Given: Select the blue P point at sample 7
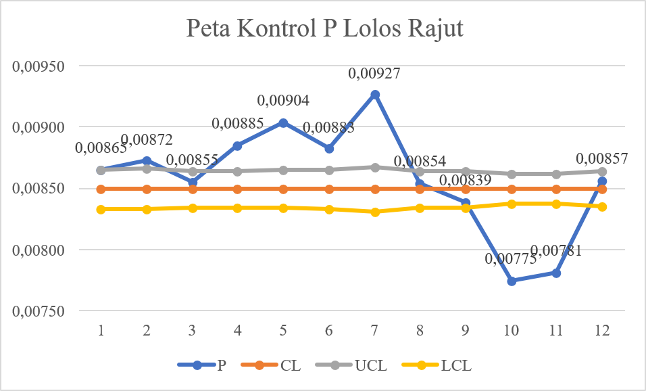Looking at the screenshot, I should (375, 95).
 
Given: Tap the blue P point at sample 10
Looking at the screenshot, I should (512, 281).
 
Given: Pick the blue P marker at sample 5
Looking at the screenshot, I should (284, 122).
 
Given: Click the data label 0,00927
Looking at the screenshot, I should (374, 74).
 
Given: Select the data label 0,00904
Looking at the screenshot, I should (284, 101).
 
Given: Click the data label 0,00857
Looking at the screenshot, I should (602, 159).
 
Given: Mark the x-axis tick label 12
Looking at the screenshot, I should (602, 331).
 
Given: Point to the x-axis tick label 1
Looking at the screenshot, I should (101, 331).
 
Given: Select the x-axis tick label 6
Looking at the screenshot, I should (329, 331).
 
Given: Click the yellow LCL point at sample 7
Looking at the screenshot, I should (375, 212).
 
